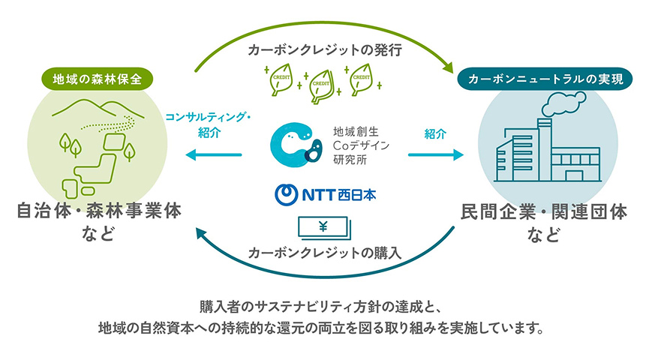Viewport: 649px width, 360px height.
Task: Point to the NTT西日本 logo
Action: point(325,194)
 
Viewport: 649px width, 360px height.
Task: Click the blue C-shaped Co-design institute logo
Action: point(294,141)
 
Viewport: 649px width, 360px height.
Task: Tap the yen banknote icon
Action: point(325,226)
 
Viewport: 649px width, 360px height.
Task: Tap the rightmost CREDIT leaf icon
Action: point(362,79)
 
